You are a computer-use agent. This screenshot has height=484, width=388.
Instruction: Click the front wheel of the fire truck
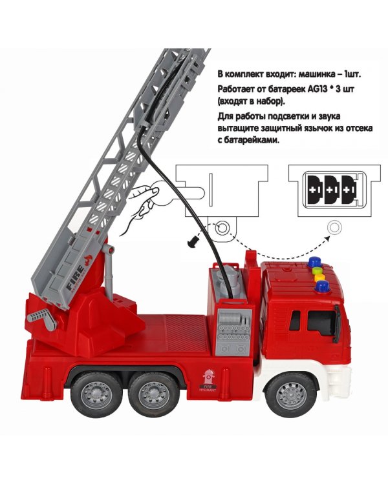pos(292,394)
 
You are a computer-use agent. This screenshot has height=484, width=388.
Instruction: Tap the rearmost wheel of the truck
pos(96,394)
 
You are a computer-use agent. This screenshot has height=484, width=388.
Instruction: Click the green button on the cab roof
pos(316,270)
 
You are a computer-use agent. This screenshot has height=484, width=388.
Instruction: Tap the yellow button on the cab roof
pos(319,277)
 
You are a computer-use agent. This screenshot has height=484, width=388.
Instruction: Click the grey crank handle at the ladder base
pos(43,319)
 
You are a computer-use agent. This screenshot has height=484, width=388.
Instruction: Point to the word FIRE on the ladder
pos(74,278)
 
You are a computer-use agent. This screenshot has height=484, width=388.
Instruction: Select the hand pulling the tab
pos(141,208)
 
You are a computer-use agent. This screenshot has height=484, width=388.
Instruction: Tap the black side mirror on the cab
pos(337,323)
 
